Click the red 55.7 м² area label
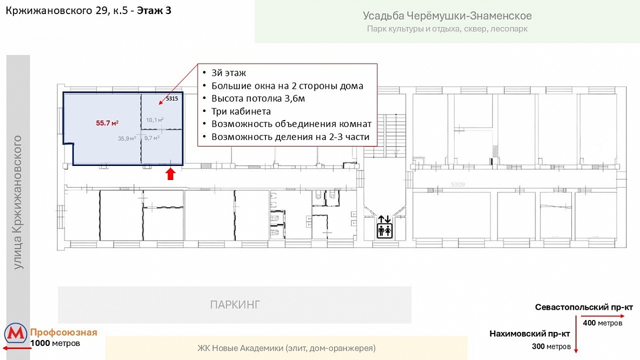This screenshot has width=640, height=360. (107, 123)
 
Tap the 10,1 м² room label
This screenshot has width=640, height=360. (155, 120)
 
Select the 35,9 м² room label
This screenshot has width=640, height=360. (127, 138)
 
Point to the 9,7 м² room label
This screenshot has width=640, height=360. (152, 138)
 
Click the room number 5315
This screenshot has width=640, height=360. (172, 98)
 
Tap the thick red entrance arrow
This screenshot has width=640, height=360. (170, 174)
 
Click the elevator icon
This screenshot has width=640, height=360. (384, 227)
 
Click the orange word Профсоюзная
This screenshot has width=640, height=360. (64, 332)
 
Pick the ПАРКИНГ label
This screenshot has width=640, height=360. (235, 304)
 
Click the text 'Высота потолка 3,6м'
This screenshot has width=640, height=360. (258, 98)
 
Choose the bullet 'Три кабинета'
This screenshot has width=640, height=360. (241, 111)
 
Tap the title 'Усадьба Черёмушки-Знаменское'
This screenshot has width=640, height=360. (448, 16)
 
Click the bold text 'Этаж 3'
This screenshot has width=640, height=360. (154, 11)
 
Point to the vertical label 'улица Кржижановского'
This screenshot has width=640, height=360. (17, 203)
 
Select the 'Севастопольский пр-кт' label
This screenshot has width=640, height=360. (584, 307)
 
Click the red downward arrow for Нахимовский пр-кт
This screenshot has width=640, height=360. (576, 336)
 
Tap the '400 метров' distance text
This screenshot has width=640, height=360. (603, 323)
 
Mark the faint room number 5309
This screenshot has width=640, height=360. (458, 184)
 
